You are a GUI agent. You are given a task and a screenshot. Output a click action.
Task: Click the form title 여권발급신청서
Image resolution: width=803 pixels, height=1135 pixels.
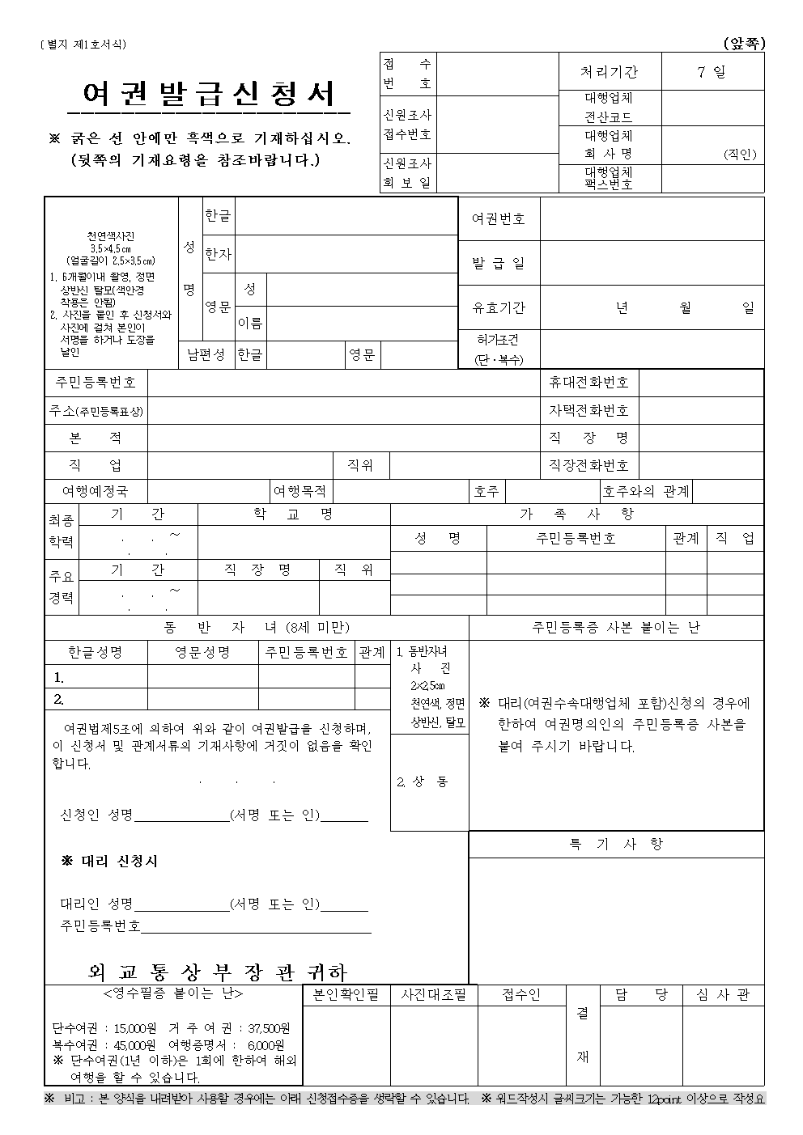click(209, 95)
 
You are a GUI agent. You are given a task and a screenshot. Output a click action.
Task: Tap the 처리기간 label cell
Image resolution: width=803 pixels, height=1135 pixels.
click(609, 71)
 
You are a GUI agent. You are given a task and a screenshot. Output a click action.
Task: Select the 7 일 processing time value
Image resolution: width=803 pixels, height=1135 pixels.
click(712, 71)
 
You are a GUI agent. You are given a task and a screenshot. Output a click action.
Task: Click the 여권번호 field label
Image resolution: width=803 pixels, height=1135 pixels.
click(499, 218)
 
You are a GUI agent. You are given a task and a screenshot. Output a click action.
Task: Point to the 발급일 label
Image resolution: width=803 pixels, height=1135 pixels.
click(499, 263)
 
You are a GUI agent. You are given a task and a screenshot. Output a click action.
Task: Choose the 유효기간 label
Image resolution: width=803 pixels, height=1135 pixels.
click(499, 307)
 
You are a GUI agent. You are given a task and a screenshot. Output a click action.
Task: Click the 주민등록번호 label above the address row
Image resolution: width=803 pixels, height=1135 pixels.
click(96, 382)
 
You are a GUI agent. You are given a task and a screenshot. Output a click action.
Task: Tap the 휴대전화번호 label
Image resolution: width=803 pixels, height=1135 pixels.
click(588, 382)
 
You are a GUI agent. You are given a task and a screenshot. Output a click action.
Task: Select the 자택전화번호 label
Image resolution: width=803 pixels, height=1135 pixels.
click(588, 410)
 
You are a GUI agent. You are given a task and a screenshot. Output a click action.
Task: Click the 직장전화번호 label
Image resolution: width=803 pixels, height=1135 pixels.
click(588, 465)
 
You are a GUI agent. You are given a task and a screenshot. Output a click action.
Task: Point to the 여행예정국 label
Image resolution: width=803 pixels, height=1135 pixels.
click(95, 491)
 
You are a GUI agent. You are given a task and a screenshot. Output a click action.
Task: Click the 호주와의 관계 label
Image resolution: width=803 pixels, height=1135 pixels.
click(646, 491)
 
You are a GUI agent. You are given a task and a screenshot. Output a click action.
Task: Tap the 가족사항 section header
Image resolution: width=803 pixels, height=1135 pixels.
click(576, 514)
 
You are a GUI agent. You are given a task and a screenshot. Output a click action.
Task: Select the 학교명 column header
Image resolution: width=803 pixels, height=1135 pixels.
click(293, 514)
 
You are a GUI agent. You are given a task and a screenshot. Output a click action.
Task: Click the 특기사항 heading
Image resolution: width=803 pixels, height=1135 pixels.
click(616, 844)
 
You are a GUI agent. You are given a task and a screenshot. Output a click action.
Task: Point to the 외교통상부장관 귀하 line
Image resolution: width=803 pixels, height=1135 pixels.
click(217, 971)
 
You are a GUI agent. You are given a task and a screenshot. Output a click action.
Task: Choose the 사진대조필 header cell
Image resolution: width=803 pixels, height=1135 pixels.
click(434, 995)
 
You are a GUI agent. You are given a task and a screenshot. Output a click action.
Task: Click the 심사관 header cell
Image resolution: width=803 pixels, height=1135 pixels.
click(723, 995)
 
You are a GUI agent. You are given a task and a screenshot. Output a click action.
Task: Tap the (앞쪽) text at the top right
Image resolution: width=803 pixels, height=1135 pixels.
click(744, 44)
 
